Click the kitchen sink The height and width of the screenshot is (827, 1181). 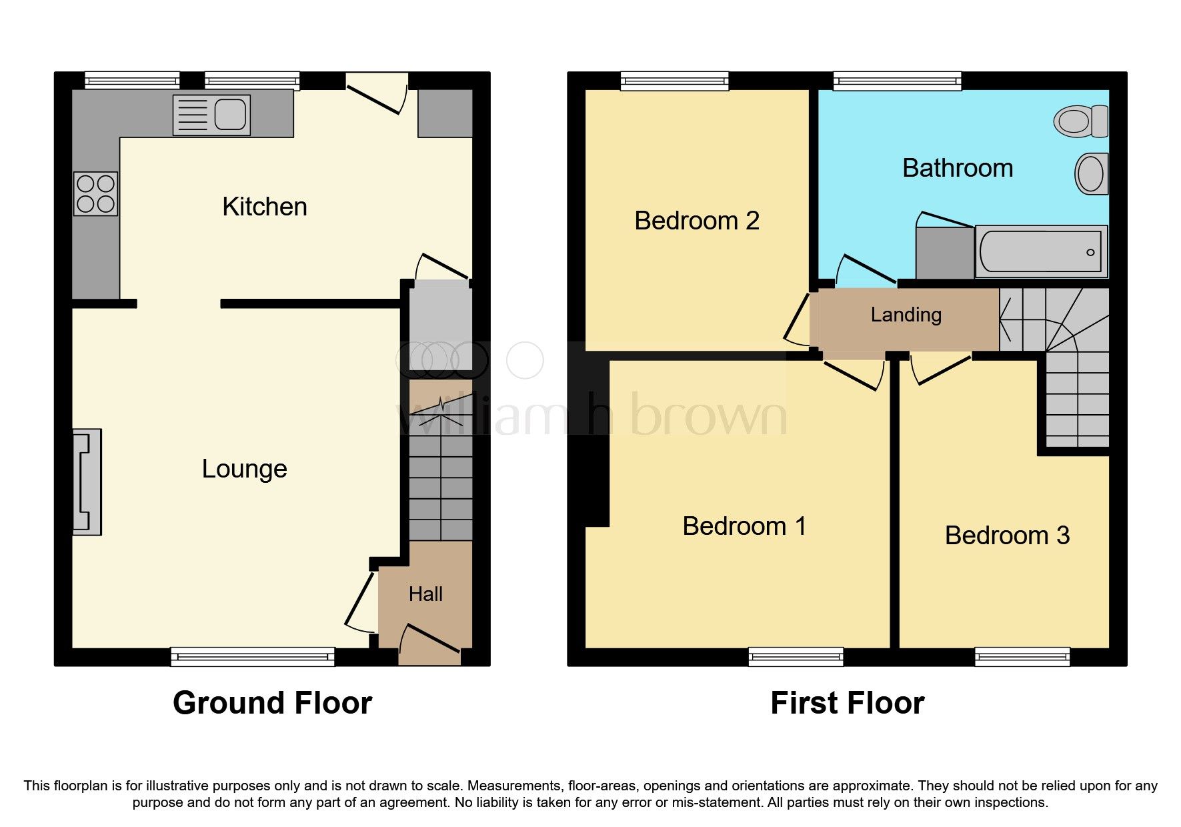(x=211, y=115)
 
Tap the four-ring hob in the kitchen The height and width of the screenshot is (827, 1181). (x=95, y=193)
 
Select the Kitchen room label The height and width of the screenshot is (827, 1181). (x=265, y=207)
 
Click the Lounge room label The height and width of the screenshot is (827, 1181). (x=244, y=469)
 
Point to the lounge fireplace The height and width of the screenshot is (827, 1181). (x=87, y=482)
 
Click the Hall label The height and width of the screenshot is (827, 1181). (x=425, y=594)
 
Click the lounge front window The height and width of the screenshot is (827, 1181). (x=252, y=657)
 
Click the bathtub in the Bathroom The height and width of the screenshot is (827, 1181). (x=1040, y=251)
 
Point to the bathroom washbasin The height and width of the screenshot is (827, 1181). (x=1091, y=173)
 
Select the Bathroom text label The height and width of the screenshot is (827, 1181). (x=957, y=168)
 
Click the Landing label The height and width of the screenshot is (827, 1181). (x=906, y=315)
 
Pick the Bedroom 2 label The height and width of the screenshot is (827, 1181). (x=696, y=221)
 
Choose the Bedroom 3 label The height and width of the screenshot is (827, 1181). (x=1006, y=536)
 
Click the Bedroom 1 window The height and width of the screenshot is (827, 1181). (x=796, y=657)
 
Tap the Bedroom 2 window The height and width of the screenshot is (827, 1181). (x=674, y=81)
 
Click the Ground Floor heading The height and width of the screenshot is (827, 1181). (x=272, y=703)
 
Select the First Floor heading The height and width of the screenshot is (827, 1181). (x=847, y=703)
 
